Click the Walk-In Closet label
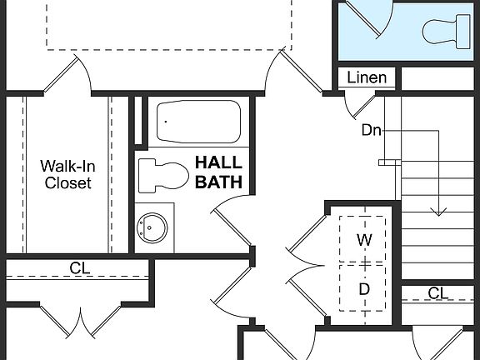tap(67, 174)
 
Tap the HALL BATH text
tap(218, 171)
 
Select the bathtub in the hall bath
tap(199, 122)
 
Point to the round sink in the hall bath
tap(152, 226)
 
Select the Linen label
tap(367, 78)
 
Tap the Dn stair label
tap(372, 130)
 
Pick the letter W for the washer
tap(364, 240)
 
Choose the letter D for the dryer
tap(364, 288)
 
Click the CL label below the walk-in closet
tap(80, 268)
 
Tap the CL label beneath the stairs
tap(438, 292)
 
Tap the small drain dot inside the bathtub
tap(165, 122)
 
